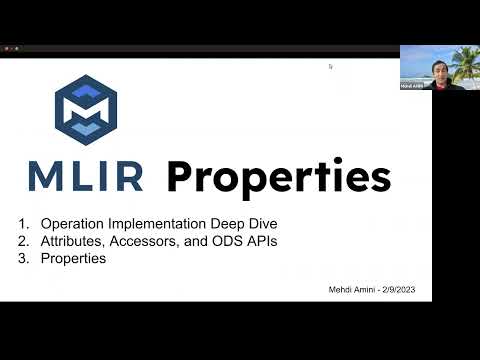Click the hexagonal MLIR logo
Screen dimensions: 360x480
point(86,106)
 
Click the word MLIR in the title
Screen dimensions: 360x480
point(86,177)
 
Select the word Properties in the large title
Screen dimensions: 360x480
point(278,178)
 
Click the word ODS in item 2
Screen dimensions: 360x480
point(222,242)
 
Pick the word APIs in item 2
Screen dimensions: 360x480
point(258,242)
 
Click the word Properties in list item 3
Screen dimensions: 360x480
point(73,258)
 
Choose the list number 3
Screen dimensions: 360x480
point(22,258)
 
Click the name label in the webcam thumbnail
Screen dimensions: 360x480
point(411,87)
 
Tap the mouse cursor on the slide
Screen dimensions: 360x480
point(330,67)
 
